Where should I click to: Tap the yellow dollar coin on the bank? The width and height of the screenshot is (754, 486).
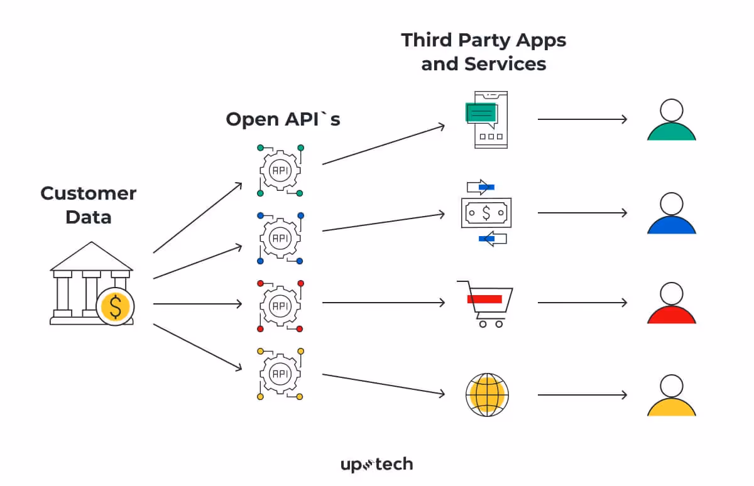click(x=116, y=306)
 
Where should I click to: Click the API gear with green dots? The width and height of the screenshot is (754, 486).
click(x=280, y=170)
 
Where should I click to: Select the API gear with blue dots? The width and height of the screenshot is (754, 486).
click(x=280, y=238)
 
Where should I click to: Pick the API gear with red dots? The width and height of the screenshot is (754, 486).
click(x=280, y=306)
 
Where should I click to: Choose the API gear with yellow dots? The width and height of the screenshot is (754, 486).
click(x=280, y=374)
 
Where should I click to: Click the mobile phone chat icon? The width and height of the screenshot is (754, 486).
click(x=488, y=119)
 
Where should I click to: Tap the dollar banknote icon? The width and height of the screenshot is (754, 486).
click(x=486, y=213)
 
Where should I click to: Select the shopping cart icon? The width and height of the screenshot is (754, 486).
click(x=486, y=304)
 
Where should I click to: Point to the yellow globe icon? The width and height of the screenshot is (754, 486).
click(x=487, y=395)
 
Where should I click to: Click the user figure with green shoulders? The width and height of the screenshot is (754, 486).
click(x=672, y=121)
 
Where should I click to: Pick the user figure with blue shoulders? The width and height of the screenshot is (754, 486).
click(x=672, y=213)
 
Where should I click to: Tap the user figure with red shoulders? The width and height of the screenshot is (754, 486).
click(x=672, y=304)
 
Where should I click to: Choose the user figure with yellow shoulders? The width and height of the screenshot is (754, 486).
click(x=672, y=396)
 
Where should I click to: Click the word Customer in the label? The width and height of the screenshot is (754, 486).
click(x=88, y=193)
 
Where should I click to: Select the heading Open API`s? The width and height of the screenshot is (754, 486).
click(x=283, y=119)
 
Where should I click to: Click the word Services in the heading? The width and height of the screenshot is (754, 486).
click(x=505, y=64)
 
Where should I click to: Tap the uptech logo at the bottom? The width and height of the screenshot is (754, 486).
click(x=376, y=465)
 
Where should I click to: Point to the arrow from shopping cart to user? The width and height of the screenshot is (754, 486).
click(x=582, y=303)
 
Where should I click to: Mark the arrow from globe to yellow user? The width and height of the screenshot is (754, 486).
click(x=582, y=395)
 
